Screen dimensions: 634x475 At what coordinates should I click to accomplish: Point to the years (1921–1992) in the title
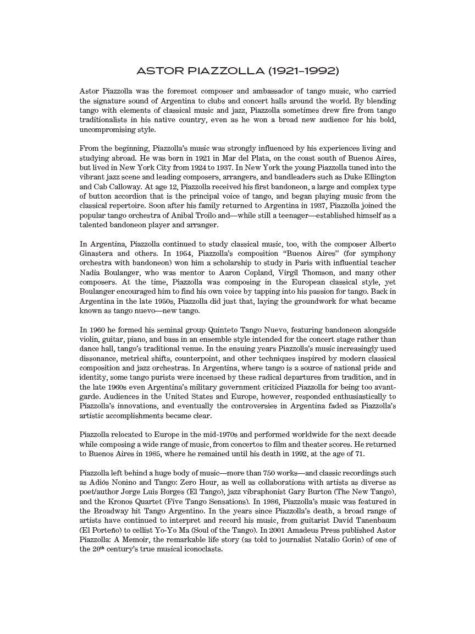point(303,71)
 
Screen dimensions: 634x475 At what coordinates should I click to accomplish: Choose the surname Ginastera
point(97,254)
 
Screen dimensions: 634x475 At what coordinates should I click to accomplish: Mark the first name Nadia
point(90,273)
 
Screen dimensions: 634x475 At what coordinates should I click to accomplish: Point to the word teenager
point(302,215)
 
